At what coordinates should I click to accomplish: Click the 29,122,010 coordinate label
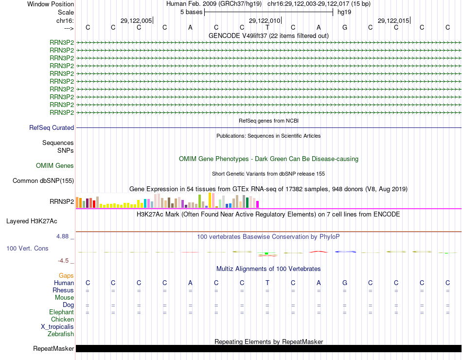tap(265, 20)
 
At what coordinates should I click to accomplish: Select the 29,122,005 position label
tap(136, 20)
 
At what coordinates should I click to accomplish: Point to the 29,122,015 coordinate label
tap(393, 20)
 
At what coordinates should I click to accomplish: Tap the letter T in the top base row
tap(267, 27)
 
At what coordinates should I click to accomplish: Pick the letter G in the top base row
tap(345, 27)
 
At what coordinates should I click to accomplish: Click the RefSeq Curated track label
tap(52, 128)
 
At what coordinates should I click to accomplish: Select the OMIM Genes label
tap(55, 166)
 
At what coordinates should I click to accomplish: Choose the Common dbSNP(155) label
tap(43, 181)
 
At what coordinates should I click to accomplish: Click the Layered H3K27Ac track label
tap(32, 221)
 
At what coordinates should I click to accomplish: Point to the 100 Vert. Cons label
tap(27, 249)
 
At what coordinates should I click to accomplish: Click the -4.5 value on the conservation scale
tap(64, 261)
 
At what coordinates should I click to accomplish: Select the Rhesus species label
tap(63, 290)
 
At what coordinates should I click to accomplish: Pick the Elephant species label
tap(62, 312)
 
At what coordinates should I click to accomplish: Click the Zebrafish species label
tap(61, 334)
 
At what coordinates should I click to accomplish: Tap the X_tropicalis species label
tap(57, 327)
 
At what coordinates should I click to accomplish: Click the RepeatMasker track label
tap(53, 349)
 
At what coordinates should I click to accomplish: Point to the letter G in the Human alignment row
tap(345, 283)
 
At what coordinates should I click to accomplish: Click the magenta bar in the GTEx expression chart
tap(258, 204)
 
